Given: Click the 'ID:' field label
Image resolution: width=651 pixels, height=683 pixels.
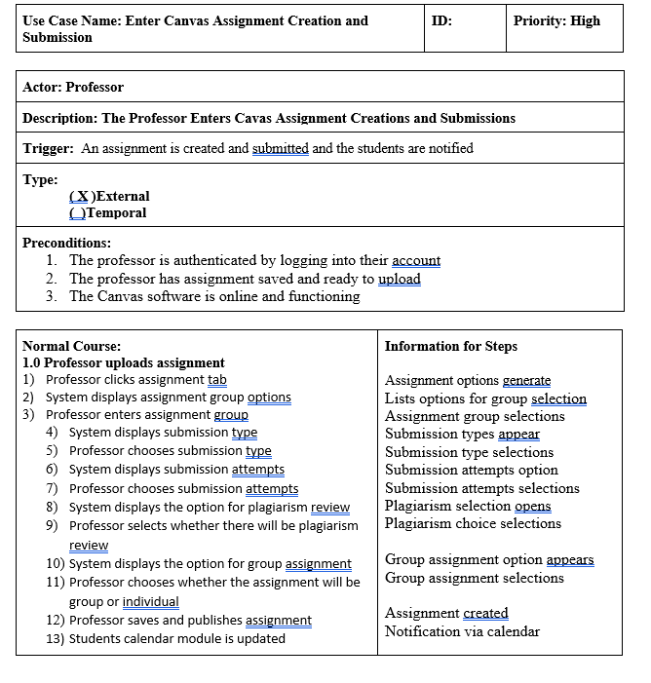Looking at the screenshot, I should [440, 20].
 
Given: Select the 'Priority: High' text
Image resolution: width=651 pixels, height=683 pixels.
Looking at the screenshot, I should [556, 20].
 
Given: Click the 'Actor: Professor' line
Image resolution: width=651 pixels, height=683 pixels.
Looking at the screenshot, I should [73, 87].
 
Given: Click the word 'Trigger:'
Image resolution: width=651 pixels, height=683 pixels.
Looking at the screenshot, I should [48, 148].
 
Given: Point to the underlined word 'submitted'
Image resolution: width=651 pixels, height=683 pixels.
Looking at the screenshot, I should [280, 148].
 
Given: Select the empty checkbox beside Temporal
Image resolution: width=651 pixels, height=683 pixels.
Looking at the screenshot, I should [77, 212].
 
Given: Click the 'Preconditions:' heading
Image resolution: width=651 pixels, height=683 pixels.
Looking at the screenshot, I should [66, 243].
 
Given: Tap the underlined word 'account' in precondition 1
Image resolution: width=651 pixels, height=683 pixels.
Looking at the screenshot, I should [416, 260].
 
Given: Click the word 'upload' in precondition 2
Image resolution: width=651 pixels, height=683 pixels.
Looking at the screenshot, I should [400, 279].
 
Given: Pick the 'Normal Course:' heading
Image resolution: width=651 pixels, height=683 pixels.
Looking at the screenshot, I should [71, 346].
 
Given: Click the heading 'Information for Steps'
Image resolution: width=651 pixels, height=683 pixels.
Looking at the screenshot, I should [451, 346].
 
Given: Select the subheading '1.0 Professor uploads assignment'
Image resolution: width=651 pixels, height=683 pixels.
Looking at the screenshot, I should [124, 362].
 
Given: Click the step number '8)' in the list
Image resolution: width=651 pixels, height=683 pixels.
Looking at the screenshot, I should [54, 507].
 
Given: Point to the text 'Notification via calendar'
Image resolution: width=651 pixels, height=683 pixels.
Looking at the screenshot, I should [462, 631].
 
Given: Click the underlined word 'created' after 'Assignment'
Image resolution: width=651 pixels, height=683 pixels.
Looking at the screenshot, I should [485, 613].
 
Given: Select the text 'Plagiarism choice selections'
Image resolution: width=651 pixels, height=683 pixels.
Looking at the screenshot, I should [473, 523].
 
